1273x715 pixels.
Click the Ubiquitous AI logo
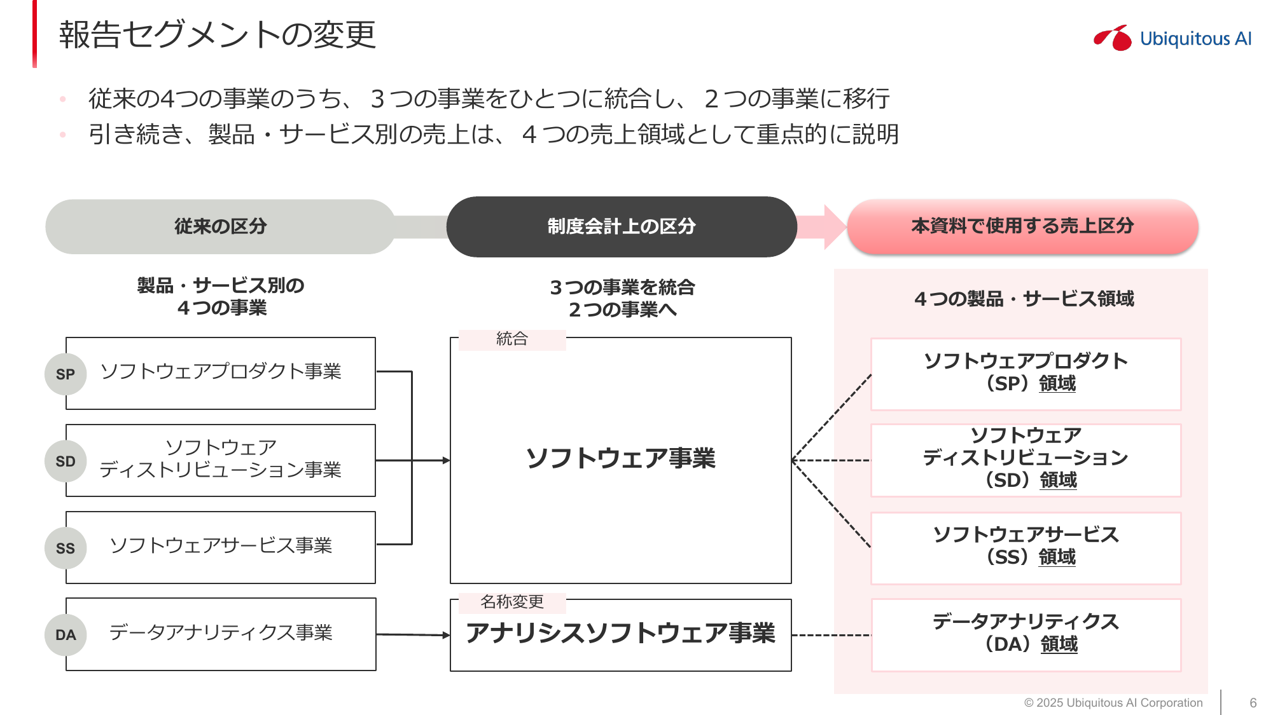[1172, 38]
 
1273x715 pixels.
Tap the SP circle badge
[66, 374]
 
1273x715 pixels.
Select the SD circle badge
[66, 461]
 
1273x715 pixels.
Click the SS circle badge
[66, 548]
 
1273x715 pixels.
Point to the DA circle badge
[66, 635]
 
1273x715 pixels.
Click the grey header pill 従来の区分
[220, 227]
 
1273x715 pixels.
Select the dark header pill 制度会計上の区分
[622, 227]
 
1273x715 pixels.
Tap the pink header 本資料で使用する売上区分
[1022, 227]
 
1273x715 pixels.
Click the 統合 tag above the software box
[512, 339]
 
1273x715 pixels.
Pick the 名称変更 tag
[512, 602]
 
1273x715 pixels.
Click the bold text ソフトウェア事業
[621, 458]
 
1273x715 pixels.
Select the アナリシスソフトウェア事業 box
[621, 634]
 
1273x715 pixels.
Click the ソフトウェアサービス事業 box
[221, 547]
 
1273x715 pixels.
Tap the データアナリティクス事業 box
[221, 634]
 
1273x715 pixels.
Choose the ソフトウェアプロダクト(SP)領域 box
[1026, 374]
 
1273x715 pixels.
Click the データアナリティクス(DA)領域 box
[1026, 634]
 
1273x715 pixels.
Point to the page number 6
[1253, 703]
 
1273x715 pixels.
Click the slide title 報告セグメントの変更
[218, 35]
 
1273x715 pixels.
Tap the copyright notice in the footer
[1113, 703]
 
